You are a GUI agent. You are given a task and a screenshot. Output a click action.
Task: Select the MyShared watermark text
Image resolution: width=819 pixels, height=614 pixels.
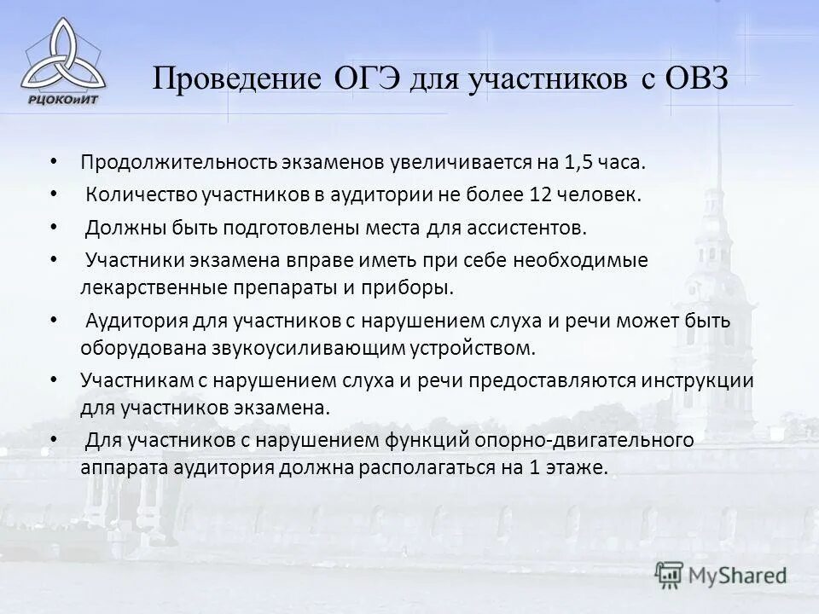[737, 575]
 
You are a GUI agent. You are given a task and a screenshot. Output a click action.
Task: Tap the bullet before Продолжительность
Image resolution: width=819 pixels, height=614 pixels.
[54, 161]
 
